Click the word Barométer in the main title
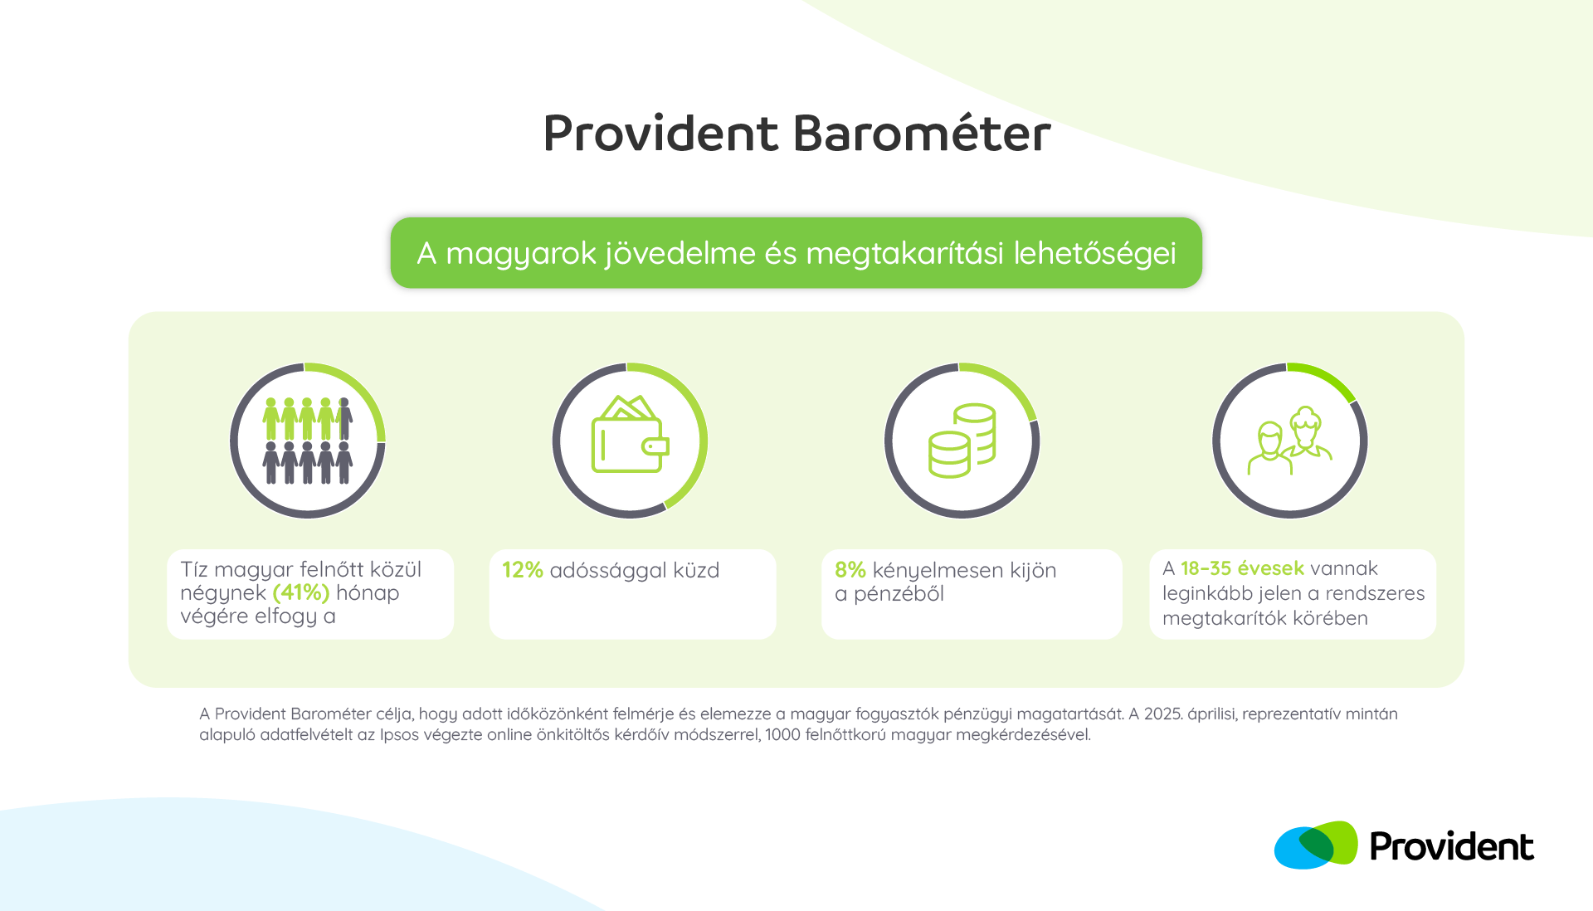(x=922, y=133)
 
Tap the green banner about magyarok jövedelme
(x=796, y=253)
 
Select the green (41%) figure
(x=301, y=592)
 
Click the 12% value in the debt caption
(x=523, y=570)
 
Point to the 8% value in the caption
(x=850, y=570)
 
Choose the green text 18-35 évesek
(x=1242, y=568)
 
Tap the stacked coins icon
(x=962, y=441)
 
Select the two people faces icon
(x=1290, y=441)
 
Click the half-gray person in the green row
(x=344, y=418)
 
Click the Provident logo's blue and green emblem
(x=1316, y=845)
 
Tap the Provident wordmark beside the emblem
(x=1452, y=846)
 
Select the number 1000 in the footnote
(x=782, y=734)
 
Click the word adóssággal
(x=608, y=571)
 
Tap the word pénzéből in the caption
(x=899, y=594)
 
